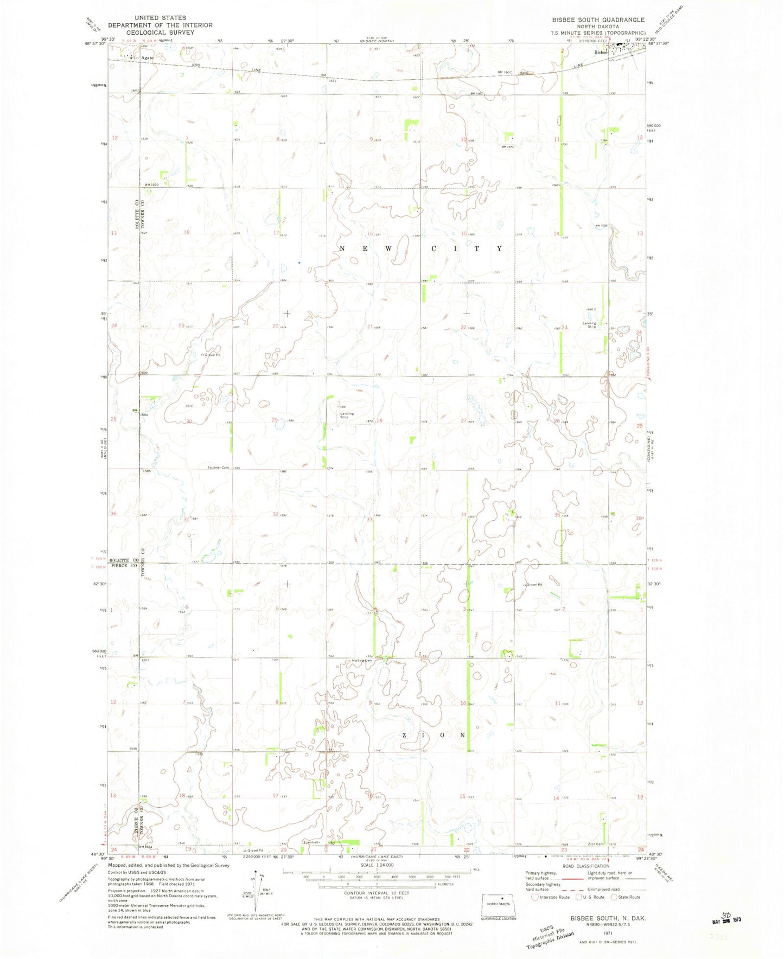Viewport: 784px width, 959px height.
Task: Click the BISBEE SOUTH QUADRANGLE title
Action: (x=598, y=20)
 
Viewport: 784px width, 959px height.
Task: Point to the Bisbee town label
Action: (x=600, y=53)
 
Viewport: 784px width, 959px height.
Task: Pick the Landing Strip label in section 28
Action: (x=347, y=415)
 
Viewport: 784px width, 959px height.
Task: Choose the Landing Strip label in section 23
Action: (x=589, y=325)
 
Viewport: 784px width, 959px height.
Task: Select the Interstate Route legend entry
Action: (x=551, y=897)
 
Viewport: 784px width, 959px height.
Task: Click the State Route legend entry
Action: (x=625, y=897)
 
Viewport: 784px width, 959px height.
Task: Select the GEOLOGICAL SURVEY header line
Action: (x=161, y=33)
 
